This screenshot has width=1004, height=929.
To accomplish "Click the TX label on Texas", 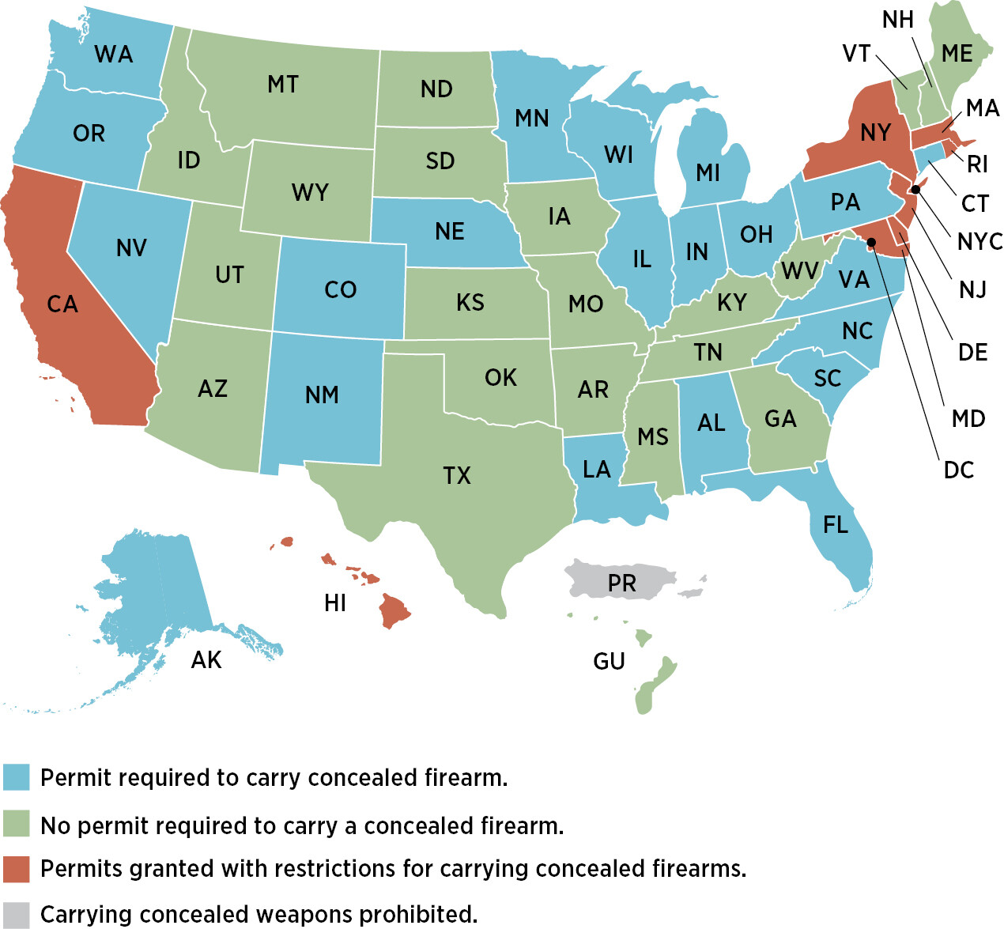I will pos(457,475).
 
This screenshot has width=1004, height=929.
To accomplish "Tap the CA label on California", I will pos(62,304).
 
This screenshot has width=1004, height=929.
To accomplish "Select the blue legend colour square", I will pos(16,777).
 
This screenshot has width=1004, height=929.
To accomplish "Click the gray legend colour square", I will pos(16,915).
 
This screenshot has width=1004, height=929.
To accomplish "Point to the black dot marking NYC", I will pos(915,189).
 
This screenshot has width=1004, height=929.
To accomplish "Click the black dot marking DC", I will pos(872,243).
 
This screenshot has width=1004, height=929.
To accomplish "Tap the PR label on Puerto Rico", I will pos(622,583).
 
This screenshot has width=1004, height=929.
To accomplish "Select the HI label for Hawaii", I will pos(335,603).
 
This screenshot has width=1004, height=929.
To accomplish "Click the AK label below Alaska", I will pos(206,660).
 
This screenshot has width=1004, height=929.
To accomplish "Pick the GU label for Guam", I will pos(609,661).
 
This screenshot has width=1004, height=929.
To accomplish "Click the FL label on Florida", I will pos(836,524).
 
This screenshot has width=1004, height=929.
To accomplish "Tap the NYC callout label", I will pos(979,241).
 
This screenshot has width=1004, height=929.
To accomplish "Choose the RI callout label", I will pos(977,164).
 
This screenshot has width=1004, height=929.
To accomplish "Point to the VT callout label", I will pos(856,54).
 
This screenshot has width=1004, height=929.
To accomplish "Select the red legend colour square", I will pos(16,869).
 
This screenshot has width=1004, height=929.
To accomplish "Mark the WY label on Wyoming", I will pos(310,192).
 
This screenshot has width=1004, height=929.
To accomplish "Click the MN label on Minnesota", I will pos(531,119).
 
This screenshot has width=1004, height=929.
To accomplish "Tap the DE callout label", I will pos(972,352).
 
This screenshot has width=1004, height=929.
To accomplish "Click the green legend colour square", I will pos(16,824).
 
